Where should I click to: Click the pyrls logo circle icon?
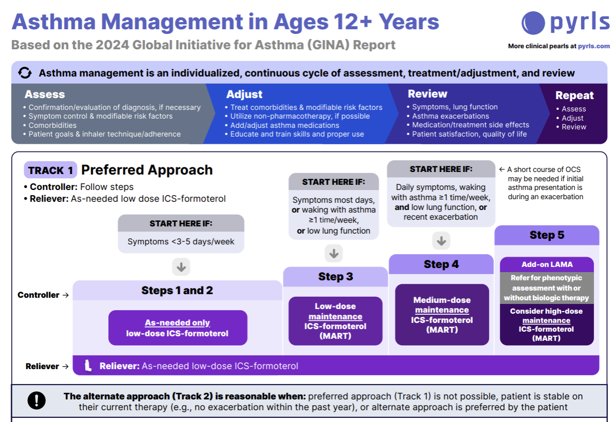coord(533,23)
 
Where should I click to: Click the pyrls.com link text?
coord(594,46)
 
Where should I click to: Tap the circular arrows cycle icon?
coord(25,73)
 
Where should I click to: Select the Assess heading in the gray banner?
coord(45,94)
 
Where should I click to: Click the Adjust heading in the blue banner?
coord(244,94)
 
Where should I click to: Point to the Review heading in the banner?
coord(427,94)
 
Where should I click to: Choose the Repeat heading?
coord(574,95)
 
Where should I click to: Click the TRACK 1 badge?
coord(50,170)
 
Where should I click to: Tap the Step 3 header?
coord(335,277)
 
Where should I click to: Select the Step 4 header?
coord(441,264)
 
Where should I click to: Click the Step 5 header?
coord(546,235)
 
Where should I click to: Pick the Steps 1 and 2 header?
coord(177,291)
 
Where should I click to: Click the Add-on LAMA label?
coord(547,265)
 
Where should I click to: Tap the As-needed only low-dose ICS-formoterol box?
coord(178,328)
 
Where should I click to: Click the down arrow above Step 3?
coord(334,253)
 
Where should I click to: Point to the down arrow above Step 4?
coord(441,240)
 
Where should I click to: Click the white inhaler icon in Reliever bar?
coord(88,366)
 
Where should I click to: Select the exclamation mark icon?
coord(36,401)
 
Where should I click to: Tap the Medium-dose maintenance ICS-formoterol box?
coord(442,315)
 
